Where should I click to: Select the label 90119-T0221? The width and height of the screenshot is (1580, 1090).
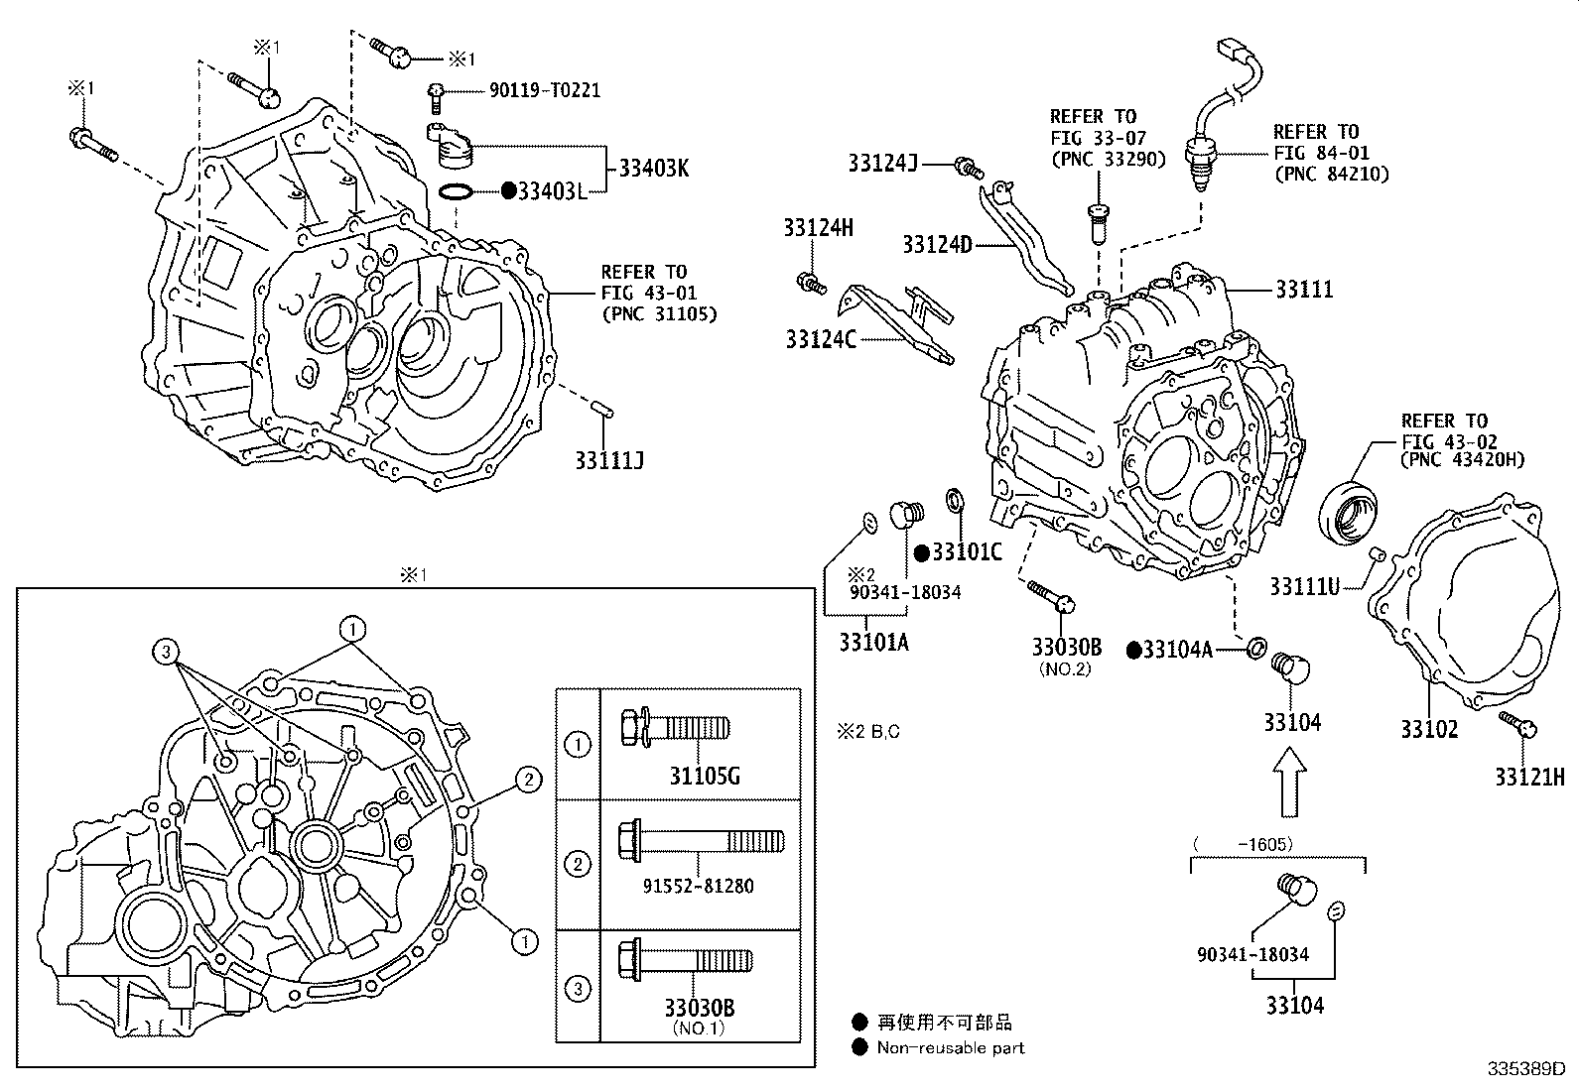pyautogui.click(x=545, y=90)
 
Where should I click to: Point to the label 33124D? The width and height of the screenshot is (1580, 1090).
pyautogui.click(x=937, y=244)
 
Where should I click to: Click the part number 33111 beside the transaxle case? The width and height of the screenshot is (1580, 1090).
pyautogui.click(x=1304, y=290)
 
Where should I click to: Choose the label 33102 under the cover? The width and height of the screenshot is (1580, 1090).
pyautogui.click(x=1429, y=729)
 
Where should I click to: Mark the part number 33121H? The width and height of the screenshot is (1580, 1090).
pyautogui.click(x=1529, y=777)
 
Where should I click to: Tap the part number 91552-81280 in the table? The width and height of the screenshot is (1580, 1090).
pyautogui.click(x=699, y=886)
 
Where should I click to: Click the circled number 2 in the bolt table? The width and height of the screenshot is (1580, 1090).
pyautogui.click(x=577, y=863)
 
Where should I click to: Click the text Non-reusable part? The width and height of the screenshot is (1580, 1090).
pyautogui.click(x=950, y=1047)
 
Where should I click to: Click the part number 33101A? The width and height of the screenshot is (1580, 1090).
pyautogui.click(x=873, y=643)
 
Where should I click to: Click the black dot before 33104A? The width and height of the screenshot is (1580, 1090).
pyautogui.click(x=1133, y=650)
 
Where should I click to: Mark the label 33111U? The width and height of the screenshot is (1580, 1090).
pyautogui.click(x=1304, y=587)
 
